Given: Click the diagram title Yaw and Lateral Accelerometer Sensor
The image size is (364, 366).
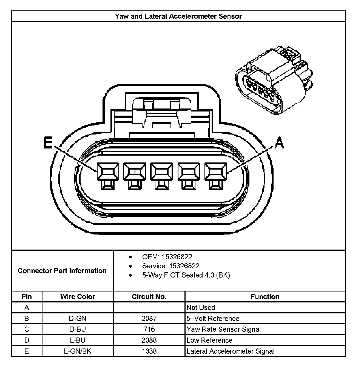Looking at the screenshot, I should [178, 16].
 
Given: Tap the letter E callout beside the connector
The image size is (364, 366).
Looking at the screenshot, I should [48, 143].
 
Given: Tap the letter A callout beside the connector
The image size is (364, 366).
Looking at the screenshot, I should [279, 143].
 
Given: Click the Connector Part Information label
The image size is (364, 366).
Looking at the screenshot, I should [62, 271].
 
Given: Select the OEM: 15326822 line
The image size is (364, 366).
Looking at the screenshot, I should [167, 257].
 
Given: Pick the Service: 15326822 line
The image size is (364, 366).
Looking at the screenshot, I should [170, 266].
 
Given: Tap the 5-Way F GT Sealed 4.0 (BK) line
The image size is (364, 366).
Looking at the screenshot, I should [186, 275].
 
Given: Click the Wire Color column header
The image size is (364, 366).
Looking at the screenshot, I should [78, 297].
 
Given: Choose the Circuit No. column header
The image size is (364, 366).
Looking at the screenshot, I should [149, 297].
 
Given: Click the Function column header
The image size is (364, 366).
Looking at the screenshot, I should [265, 297].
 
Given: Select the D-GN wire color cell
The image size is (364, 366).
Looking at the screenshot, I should [78, 319].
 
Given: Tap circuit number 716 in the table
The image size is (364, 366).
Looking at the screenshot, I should [149, 329].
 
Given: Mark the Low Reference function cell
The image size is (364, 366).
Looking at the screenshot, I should [209, 340].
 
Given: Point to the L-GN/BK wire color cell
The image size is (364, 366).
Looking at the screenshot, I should [78, 351].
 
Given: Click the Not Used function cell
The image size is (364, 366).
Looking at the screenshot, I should [201, 308].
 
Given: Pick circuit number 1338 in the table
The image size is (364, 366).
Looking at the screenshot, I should [149, 351].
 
